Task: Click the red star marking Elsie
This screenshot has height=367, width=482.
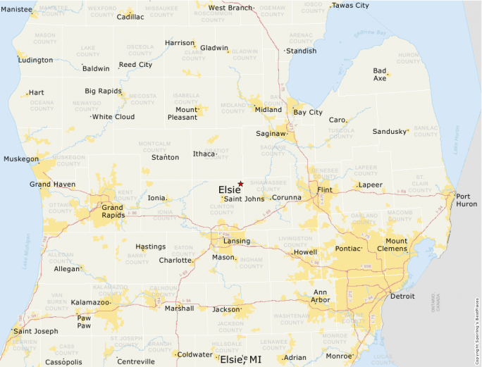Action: click(241, 183)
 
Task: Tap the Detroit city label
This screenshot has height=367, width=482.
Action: click(402, 297)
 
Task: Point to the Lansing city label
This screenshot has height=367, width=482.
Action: click(236, 241)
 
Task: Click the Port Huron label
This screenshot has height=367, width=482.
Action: click(466, 200)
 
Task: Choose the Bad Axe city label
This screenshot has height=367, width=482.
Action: click(380, 74)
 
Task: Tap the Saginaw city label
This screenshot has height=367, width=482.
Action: click(271, 133)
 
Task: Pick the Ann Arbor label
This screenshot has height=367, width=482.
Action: click(320, 296)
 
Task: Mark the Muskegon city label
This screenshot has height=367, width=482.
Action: click(21, 159)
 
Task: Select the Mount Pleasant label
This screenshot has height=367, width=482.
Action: click(187, 113)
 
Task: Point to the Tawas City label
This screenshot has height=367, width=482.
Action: click(350, 6)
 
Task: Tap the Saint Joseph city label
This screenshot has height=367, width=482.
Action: click(36, 331)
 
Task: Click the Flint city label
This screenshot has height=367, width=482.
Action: click(325, 190)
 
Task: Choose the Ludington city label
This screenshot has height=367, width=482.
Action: click(35, 60)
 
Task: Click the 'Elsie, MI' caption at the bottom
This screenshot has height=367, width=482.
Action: click(240, 359)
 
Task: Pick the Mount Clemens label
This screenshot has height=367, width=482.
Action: click(395, 245)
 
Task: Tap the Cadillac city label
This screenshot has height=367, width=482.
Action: click(130, 16)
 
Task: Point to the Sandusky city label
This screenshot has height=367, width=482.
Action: click(390, 132)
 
